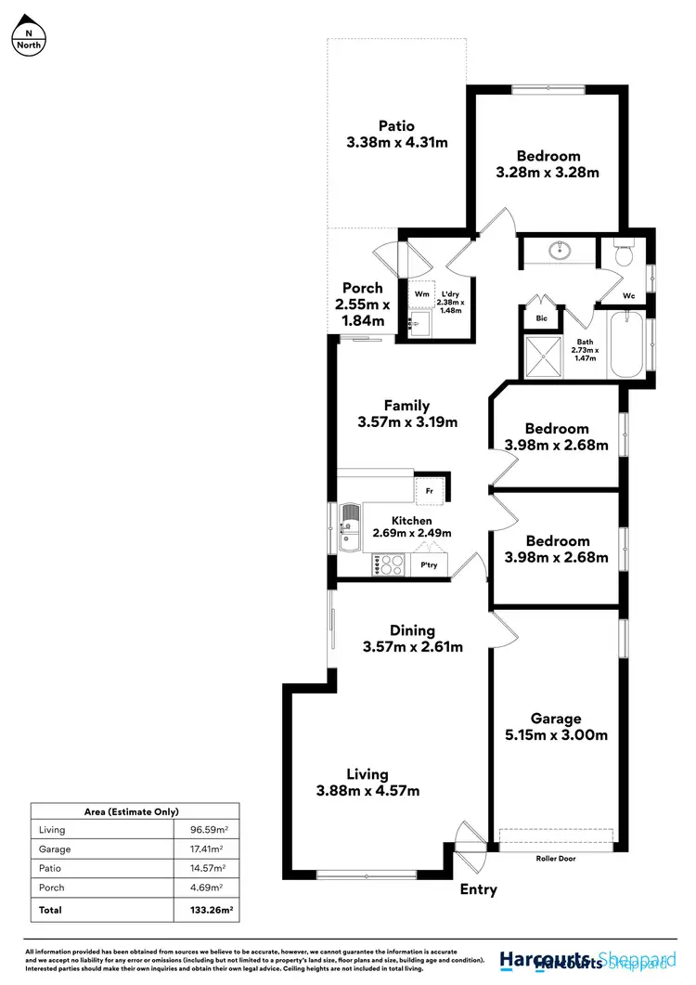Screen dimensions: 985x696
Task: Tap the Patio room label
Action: [x=396, y=126]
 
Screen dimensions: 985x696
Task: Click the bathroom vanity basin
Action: [x=559, y=251]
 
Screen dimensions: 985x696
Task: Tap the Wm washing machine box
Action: [x=421, y=294]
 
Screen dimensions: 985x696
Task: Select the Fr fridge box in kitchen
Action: [x=430, y=488]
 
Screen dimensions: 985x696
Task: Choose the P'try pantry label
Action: [x=430, y=565]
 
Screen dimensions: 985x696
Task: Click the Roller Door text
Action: [x=556, y=859]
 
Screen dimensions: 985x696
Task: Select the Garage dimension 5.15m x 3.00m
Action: [x=556, y=735]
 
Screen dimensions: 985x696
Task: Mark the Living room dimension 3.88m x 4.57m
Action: [x=367, y=791]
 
